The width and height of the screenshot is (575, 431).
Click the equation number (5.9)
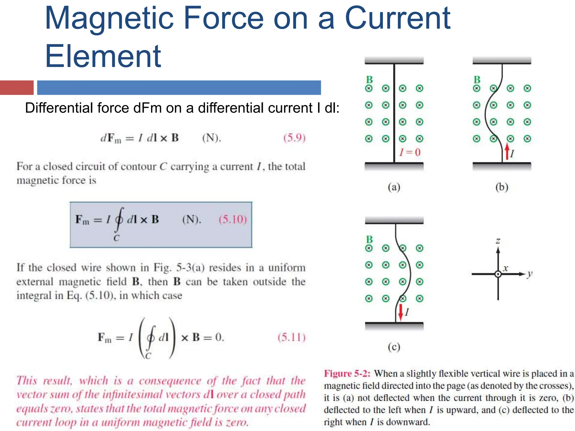pyautogui.click(x=294, y=138)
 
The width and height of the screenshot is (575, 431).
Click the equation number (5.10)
pyautogui.click(x=233, y=219)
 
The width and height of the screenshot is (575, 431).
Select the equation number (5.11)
pyautogui.click(x=291, y=337)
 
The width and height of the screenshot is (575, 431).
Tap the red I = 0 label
pyautogui.click(x=410, y=152)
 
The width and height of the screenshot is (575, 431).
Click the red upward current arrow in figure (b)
pyautogui.click(x=507, y=152)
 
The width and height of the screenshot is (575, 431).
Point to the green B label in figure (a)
pyautogui.click(x=369, y=80)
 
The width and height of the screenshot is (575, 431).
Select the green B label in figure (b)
pyautogui.click(x=477, y=80)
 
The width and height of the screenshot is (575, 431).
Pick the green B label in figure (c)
pyautogui.click(x=369, y=239)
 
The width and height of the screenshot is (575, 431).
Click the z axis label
pyautogui.click(x=498, y=241)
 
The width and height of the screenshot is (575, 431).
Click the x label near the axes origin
pyautogui.click(x=505, y=268)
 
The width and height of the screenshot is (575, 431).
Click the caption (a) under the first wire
pyautogui.click(x=394, y=187)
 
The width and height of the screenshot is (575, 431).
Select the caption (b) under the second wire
pyautogui.click(x=502, y=187)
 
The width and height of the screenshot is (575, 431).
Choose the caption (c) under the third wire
pyautogui.click(x=394, y=347)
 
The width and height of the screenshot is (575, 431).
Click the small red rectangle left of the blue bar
pyautogui.click(x=17, y=88)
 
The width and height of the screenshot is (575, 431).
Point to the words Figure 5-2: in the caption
pyautogui.click(x=347, y=373)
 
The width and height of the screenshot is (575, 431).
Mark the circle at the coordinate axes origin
pyautogui.click(x=498, y=274)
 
